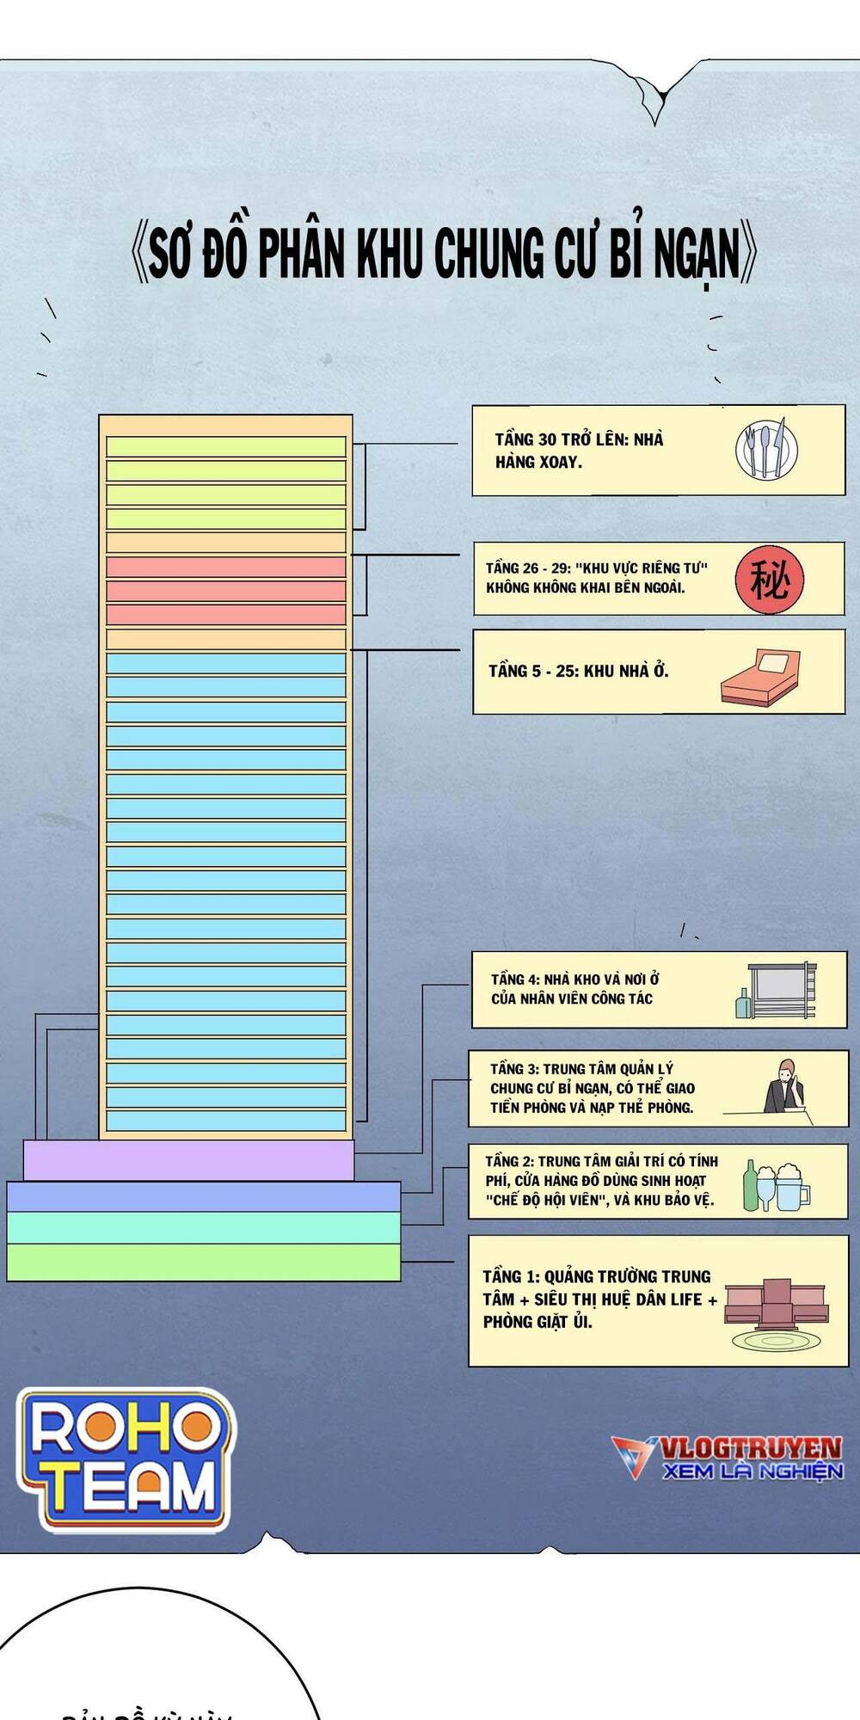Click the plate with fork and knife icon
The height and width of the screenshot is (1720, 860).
(x=766, y=449)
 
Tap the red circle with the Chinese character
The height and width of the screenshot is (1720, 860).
(x=769, y=580)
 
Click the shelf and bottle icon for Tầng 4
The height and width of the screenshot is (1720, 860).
(x=776, y=991)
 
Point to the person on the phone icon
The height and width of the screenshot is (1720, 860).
(x=785, y=1087)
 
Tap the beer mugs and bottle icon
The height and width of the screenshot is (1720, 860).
(x=776, y=1186)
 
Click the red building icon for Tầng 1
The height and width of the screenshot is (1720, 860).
(x=777, y=1307)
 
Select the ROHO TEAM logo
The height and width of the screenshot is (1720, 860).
(x=126, y=1459)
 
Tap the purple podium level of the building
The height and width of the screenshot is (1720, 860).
(x=188, y=1160)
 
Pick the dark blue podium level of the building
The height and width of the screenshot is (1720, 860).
(x=203, y=1196)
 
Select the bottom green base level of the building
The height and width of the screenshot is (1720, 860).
(x=203, y=1262)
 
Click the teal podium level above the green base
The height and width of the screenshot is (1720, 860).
(x=203, y=1227)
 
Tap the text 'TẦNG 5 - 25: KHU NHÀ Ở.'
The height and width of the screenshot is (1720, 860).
(x=578, y=671)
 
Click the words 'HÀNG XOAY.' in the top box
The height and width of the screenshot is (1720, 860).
(x=538, y=462)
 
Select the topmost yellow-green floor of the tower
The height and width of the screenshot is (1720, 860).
(x=225, y=446)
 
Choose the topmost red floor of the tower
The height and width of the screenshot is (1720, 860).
(x=225, y=567)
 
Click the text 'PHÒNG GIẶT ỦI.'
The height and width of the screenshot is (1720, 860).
(x=537, y=1322)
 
